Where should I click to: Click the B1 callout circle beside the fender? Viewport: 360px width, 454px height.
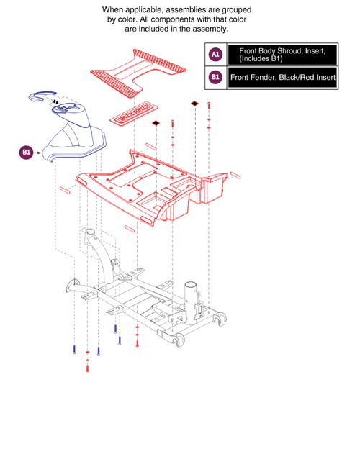pos(26,152)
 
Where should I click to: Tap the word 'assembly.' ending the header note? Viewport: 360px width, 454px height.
pos(209,29)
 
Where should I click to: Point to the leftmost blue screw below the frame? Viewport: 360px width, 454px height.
pos(73,349)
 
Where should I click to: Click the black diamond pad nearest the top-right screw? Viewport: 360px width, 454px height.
pos(194,104)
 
